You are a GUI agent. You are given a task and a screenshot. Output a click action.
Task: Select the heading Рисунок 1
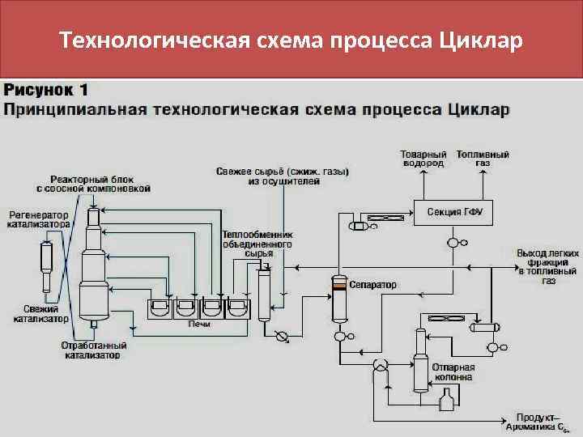click(x=46, y=90)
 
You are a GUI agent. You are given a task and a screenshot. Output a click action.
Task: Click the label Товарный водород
click(x=424, y=158)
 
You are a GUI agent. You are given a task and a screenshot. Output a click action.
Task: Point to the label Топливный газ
click(x=483, y=158)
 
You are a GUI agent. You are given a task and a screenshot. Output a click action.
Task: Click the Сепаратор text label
click(x=374, y=285)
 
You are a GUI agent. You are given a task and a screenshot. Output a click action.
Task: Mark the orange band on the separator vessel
click(x=338, y=286)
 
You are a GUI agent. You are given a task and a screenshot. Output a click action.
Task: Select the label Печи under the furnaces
click(x=199, y=324)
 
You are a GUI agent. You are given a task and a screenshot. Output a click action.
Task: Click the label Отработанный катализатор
click(x=93, y=350)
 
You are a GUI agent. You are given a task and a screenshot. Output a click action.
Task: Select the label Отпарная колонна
click(x=453, y=371)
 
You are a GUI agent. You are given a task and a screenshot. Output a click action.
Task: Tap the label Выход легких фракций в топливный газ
click(x=548, y=266)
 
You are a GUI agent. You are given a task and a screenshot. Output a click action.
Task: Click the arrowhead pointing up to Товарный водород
click(x=424, y=172)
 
